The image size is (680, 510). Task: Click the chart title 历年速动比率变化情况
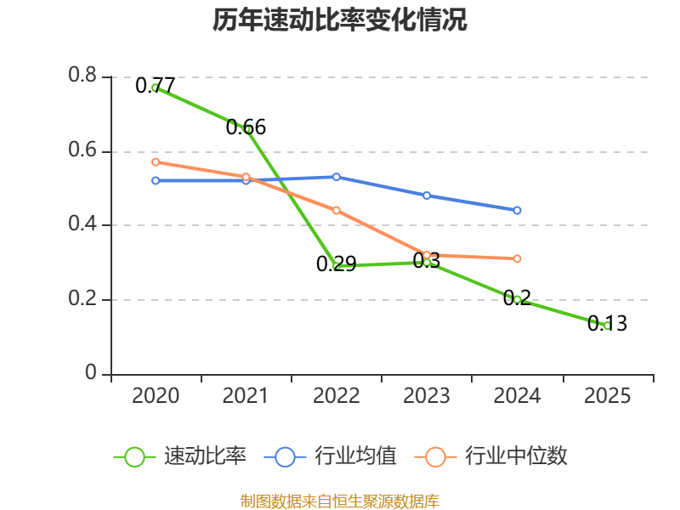(x=340, y=20)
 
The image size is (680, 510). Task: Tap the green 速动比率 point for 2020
(x=156, y=88)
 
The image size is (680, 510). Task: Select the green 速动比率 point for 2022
(x=337, y=266)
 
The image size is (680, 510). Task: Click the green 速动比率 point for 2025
(x=607, y=326)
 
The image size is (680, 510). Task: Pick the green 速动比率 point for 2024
(x=517, y=299)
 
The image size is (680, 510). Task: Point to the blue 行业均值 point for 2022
(x=337, y=177)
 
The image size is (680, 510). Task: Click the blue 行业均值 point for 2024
(x=517, y=210)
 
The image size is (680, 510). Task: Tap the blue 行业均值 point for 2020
(x=156, y=180)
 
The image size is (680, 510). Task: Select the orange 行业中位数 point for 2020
(x=156, y=161)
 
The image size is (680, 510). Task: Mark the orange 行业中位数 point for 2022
(x=337, y=210)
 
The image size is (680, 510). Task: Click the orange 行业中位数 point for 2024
(x=517, y=258)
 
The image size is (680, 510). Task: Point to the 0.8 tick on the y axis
(x=82, y=76)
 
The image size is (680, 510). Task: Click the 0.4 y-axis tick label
(x=82, y=225)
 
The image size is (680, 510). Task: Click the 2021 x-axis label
(x=246, y=396)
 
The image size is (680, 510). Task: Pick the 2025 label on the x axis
(x=607, y=396)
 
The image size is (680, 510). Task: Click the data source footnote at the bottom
(x=340, y=501)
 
